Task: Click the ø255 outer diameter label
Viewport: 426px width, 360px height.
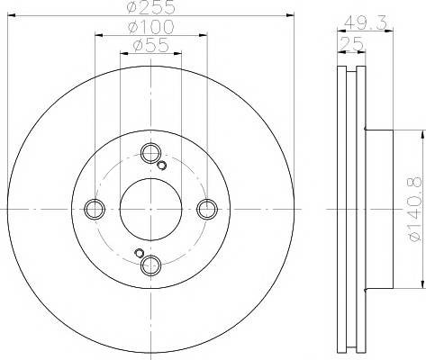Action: point(150,6)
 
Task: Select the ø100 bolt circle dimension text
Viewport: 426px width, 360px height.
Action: point(151,27)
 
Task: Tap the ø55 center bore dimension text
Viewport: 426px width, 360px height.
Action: point(151,45)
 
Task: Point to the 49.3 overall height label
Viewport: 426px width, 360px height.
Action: point(365,22)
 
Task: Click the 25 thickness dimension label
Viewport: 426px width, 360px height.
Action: point(351,45)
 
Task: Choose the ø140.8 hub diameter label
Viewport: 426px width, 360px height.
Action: point(415,210)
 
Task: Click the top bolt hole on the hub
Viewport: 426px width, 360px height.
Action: point(150,153)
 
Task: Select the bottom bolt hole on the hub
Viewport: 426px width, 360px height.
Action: point(150,265)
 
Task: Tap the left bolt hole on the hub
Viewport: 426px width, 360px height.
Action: point(95,209)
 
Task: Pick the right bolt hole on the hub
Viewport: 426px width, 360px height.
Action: point(207,209)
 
